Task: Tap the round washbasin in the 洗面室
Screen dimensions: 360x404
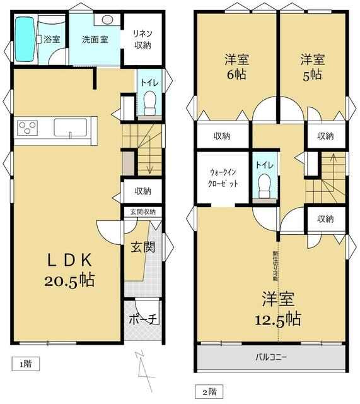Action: tap(107, 20)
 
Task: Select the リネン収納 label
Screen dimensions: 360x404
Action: tap(142, 39)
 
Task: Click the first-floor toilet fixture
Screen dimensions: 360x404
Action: tap(150, 103)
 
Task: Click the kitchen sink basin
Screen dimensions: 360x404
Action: tap(70, 128)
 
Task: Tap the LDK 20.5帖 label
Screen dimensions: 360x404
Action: tap(69, 270)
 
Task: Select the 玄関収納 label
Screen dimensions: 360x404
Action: tap(143, 212)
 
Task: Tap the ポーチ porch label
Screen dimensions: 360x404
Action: tap(143, 319)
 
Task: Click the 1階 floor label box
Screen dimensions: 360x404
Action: tap(26, 364)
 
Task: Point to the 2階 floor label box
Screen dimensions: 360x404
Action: tap(209, 392)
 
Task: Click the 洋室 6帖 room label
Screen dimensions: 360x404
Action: tap(236, 67)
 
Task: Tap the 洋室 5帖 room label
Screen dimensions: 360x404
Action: tap(312, 67)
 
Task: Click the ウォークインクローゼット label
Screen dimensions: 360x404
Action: tap(223, 178)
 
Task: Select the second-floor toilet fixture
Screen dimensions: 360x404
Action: tap(265, 186)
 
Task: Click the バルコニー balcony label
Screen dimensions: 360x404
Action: tap(271, 357)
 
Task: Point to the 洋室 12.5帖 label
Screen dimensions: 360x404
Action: tap(278, 309)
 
